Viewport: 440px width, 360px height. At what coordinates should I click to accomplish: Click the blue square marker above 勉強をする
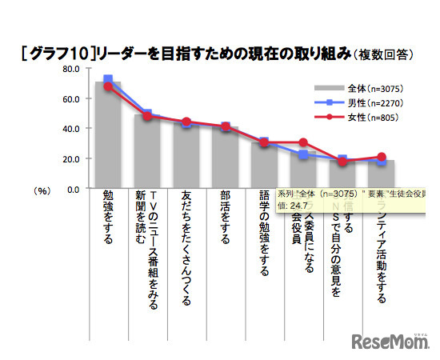point(108,79)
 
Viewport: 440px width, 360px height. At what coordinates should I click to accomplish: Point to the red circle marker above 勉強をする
point(108,86)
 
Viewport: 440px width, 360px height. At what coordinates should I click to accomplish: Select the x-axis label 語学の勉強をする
point(264,232)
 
